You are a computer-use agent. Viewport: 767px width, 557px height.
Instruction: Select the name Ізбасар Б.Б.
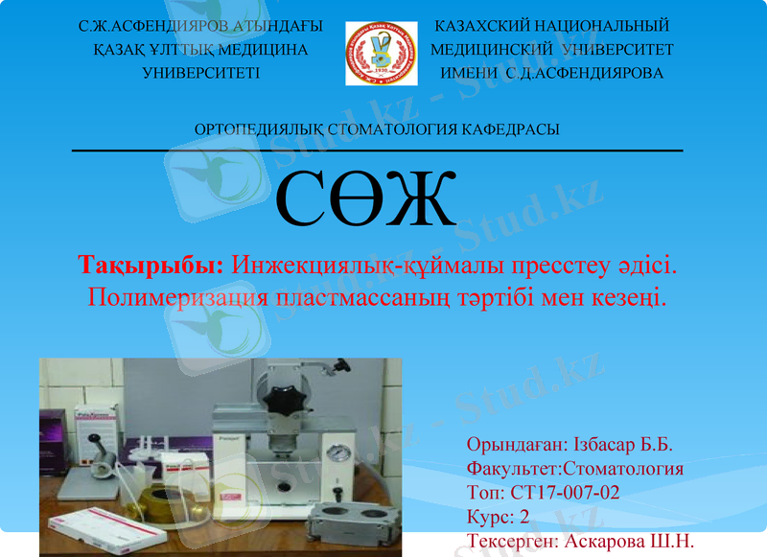coord(623,445)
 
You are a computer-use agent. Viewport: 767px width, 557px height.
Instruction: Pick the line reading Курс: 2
coord(498,517)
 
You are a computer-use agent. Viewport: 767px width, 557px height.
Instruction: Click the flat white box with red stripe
coord(96,528)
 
